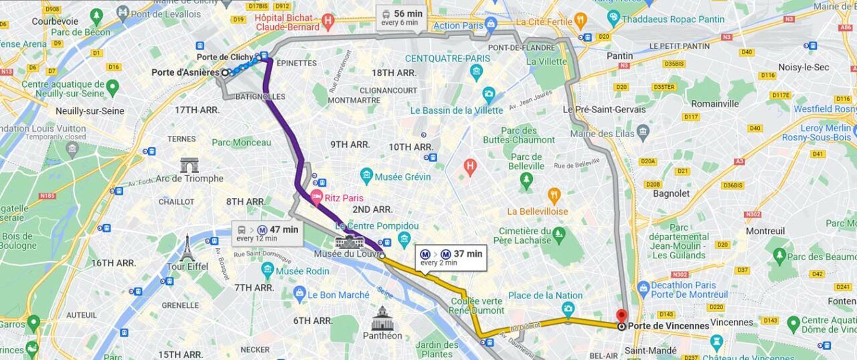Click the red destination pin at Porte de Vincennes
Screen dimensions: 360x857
coord(621,316)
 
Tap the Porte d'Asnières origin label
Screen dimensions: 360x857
coord(185,72)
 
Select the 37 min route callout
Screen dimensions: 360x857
coord(452,258)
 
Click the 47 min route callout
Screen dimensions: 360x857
coord(267,234)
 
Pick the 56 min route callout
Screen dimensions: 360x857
coord(400,17)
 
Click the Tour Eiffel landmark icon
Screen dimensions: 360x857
coord(187,248)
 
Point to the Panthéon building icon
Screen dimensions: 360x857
coord(382,319)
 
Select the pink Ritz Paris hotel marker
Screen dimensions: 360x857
coord(316,197)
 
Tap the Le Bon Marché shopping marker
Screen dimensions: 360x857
coord(299,294)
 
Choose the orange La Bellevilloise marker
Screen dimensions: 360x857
coord(554,196)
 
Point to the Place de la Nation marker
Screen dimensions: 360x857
coord(568,308)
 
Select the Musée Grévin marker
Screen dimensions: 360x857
coord(366,177)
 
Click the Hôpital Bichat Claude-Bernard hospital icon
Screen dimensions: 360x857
coord(327,21)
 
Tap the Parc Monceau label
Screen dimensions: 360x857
coord(242,143)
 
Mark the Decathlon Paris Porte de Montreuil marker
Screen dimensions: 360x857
coord(643,289)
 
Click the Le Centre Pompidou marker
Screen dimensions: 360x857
coord(404,239)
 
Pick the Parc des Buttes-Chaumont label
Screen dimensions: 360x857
coord(528,135)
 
